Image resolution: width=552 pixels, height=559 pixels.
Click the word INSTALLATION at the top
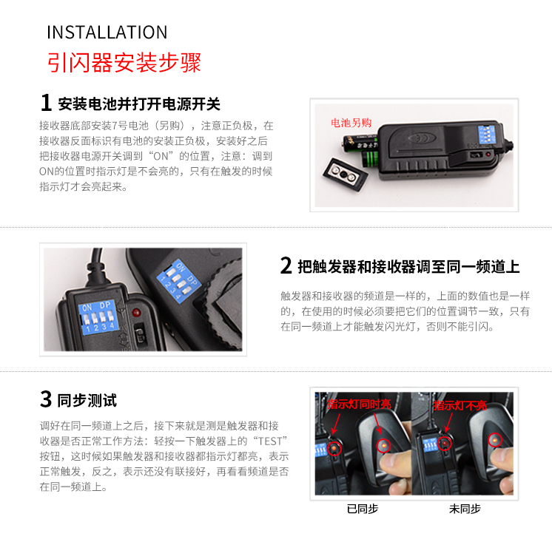[107, 32]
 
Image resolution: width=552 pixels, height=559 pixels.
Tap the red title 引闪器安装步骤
[124, 62]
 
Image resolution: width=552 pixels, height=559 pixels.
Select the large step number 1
[46, 103]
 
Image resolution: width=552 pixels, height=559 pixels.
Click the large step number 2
[286, 265]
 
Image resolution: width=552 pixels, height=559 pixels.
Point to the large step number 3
[46, 399]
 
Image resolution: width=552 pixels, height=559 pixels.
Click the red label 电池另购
[351, 123]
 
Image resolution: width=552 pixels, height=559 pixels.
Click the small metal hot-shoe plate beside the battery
[346, 175]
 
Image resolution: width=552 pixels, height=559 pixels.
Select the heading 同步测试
[87, 400]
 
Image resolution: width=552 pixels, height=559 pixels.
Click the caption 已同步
[363, 509]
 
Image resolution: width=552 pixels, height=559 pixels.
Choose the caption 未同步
[465, 509]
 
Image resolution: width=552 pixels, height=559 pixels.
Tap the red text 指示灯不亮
[460, 405]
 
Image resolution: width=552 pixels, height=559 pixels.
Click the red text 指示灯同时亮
[360, 404]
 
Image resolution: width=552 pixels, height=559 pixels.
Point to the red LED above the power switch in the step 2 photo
[136, 313]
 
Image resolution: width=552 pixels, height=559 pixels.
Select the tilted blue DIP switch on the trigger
[178, 281]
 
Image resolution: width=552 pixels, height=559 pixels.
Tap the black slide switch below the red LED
[141, 333]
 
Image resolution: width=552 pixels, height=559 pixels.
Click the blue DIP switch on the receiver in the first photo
[486, 135]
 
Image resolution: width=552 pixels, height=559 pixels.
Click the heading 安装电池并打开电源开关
[139, 104]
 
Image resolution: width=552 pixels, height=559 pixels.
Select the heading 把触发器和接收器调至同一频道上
[409, 267]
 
